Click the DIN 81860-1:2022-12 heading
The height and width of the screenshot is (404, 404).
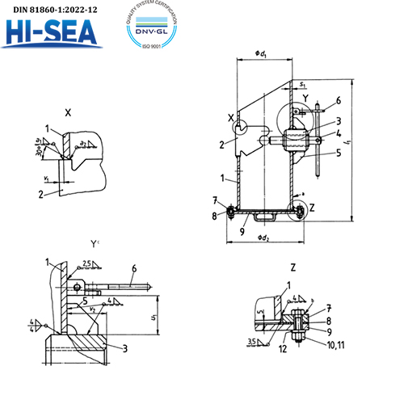(x=50, y=9)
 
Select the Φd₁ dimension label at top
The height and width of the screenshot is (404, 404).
(x=263, y=54)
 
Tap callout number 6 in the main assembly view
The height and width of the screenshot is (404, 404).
(x=339, y=99)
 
